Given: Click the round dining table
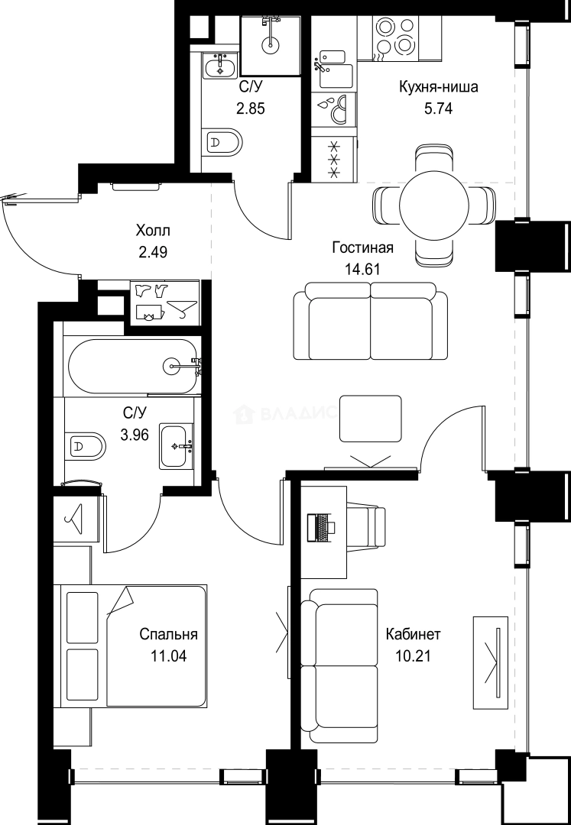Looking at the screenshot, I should click(433, 204).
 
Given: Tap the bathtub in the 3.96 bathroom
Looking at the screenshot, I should click(134, 366).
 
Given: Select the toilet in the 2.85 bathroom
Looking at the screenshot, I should click(222, 142).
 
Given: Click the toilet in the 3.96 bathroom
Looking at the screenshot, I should click(86, 445).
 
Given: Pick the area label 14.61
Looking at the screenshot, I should click(362, 268).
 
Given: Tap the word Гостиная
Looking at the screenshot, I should click(362, 247).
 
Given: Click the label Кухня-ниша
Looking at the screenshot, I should click(438, 87).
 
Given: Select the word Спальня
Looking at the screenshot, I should click(169, 634).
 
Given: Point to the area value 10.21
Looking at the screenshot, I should click(413, 655).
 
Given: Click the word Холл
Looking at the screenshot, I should click(153, 230).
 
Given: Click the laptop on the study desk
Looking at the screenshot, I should click(321, 526).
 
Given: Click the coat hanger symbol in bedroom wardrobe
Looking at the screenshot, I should click(76, 519).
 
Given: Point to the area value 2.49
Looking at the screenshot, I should click(153, 251).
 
